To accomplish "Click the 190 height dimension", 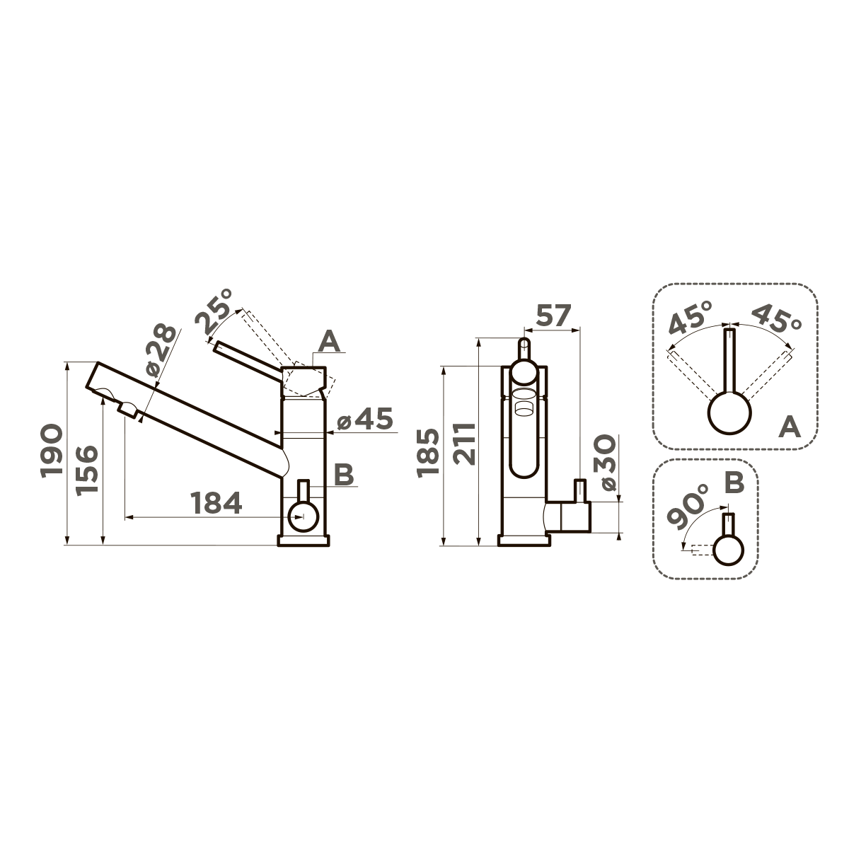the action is (51, 451).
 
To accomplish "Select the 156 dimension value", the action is (86, 470).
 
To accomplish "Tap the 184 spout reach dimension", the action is (216, 503).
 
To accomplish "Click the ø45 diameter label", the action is (364, 419).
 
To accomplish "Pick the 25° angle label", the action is (214, 311).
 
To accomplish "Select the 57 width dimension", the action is (553, 316).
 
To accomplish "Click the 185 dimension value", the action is (428, 453).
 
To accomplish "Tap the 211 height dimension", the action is (465, 444).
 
